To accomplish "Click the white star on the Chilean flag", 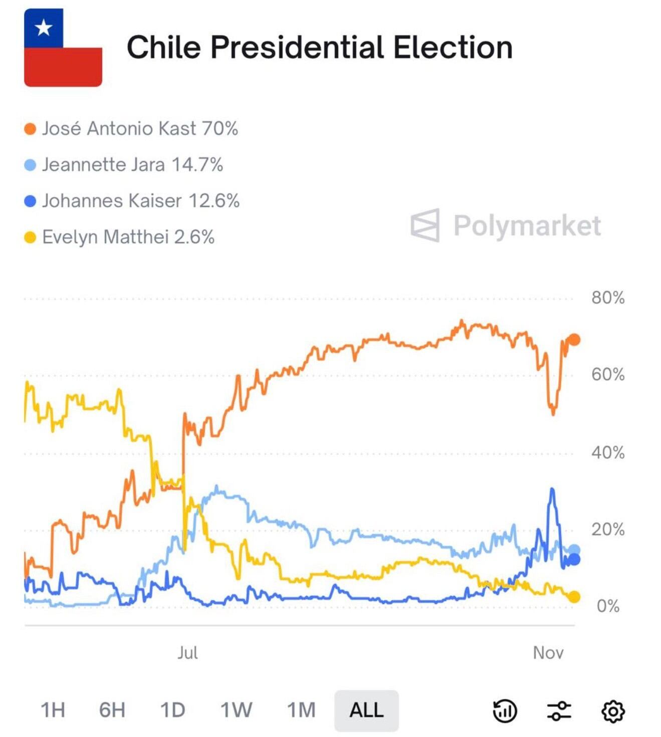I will [x=44, y=28].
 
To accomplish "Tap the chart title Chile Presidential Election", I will [x=319, y=48].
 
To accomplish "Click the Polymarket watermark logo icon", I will [x=425, y=225].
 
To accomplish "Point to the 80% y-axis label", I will [x=607, y=298].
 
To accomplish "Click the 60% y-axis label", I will [x=607, y=375].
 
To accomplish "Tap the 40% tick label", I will [x=607, y=452].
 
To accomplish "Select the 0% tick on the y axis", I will [x=607, y=606].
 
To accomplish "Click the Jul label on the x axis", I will [x=187, y=653].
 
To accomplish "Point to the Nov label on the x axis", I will [x=548, y=653].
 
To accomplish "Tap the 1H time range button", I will [x=53, y=710].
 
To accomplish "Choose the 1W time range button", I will [x=236, y=710].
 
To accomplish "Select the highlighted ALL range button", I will [x=366, y=710].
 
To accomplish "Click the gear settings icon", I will [x=612, y=711].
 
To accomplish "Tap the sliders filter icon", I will [x=558, y=711].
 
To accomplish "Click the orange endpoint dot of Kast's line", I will [x=574, y=340].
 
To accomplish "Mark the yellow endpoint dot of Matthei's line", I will [x=574, y=597].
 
